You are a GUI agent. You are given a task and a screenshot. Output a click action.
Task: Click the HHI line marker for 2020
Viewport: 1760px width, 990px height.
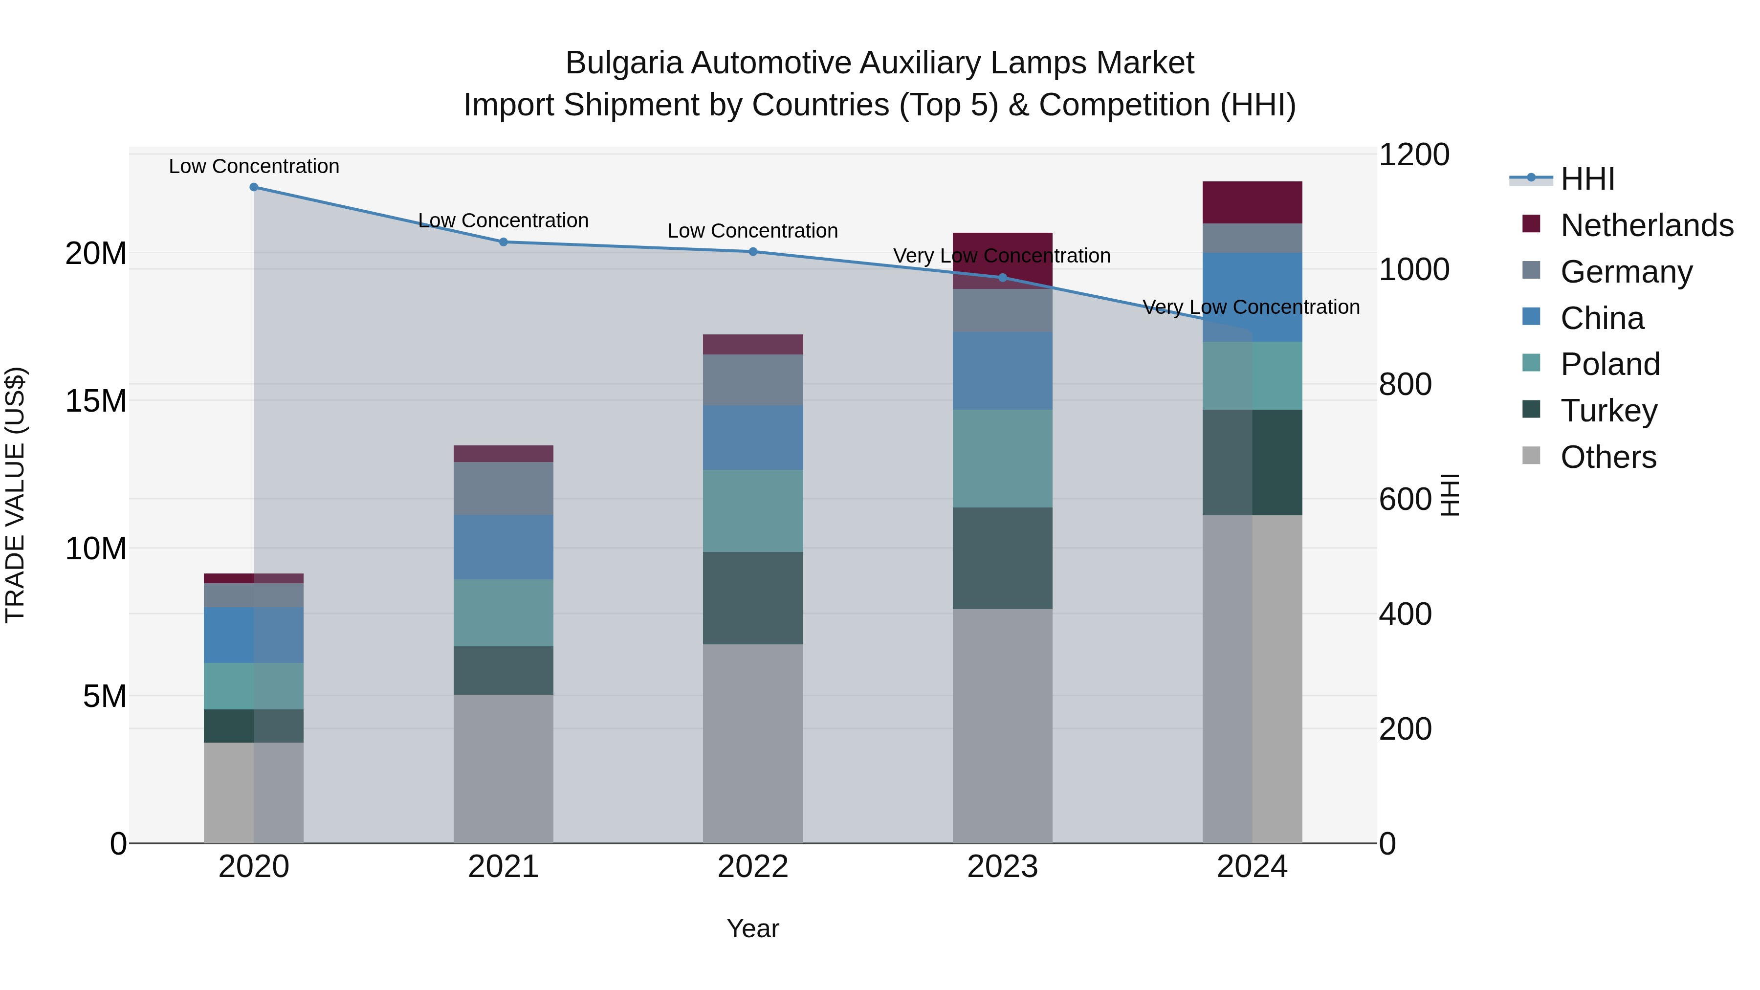click(x=253, y=187)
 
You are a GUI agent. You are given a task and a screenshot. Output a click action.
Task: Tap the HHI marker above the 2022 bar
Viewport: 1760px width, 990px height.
click(x=752, y=251)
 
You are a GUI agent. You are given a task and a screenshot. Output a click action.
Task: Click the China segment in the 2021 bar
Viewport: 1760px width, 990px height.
click(x=503, y=547)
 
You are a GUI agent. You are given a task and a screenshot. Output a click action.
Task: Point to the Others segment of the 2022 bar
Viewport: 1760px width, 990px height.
click(x=752, y=743)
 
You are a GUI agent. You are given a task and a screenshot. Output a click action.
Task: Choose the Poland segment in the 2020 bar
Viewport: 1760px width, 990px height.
click(x=253, y=685)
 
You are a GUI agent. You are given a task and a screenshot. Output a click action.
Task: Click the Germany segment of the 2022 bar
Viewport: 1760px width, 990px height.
click(x=752, y=379)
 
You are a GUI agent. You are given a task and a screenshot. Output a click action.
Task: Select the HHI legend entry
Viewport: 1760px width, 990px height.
click(x=1586, y=179)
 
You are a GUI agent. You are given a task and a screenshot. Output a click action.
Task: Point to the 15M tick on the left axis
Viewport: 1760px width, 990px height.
click(x=96, y=400)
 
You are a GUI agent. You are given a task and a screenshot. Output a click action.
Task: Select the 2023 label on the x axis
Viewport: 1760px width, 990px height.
click(x=1002, y=867)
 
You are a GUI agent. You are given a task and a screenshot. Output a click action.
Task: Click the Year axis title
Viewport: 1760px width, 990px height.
click(x=752, y=928)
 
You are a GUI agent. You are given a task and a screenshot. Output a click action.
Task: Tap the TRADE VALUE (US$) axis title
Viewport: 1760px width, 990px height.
click(x=16, y=495)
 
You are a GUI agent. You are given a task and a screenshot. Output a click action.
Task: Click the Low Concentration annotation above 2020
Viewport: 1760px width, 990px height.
click(x=253, y=166)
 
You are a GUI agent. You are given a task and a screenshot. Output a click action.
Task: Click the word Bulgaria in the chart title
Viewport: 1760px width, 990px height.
click(x=623, y=63)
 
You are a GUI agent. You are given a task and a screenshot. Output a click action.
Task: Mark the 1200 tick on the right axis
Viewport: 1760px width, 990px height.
click(x=1413, y=154)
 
